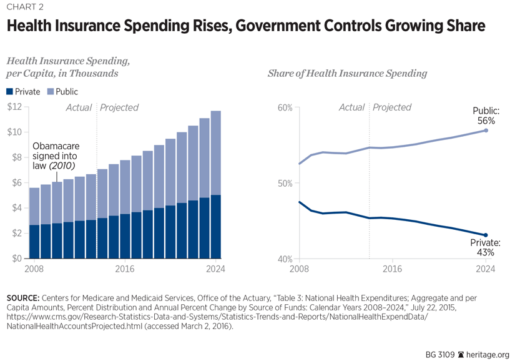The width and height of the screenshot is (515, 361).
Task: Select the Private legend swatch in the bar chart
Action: [9, 92]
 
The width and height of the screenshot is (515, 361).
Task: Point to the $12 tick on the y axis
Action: [14, 107]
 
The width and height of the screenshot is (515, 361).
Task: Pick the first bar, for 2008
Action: [34, 223]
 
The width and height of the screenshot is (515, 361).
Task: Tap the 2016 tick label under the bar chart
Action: [124, 269]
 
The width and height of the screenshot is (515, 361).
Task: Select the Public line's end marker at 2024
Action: [486, 130]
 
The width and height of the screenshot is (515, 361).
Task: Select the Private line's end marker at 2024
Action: [486, 235]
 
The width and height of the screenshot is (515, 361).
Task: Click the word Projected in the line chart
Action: [392, 107]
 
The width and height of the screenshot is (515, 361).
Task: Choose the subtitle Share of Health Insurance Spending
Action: [347, 74]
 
